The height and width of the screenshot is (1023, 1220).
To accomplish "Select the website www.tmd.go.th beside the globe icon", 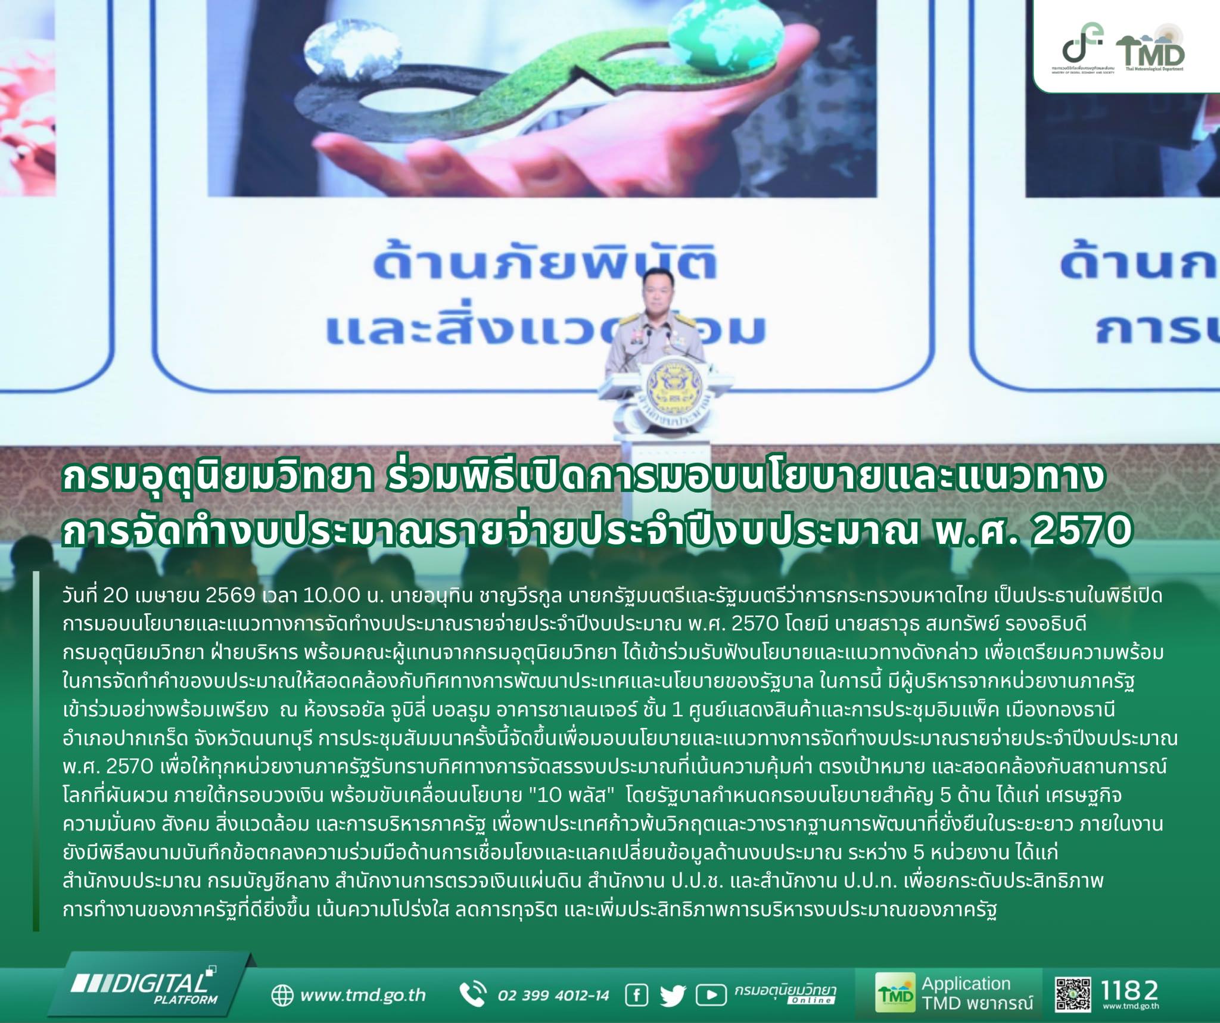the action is click(x=363, y=994).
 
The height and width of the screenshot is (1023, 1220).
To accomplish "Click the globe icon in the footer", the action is click(x=282, y=995).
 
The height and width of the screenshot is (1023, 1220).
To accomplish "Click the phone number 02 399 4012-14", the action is click(x=553, y=995).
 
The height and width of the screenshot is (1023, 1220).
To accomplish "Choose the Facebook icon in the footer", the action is click(x=636, y=994).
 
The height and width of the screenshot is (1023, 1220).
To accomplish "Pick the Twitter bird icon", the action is click(x=673, y=995).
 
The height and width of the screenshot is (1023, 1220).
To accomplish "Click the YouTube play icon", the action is click(x=711, y=995).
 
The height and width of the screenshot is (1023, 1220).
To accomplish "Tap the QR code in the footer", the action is click(x=1073, y=994).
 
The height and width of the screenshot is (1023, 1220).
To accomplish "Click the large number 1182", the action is click(x=1130, y=990).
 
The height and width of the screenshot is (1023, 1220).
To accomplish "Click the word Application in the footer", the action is click(x=966, y=984).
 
